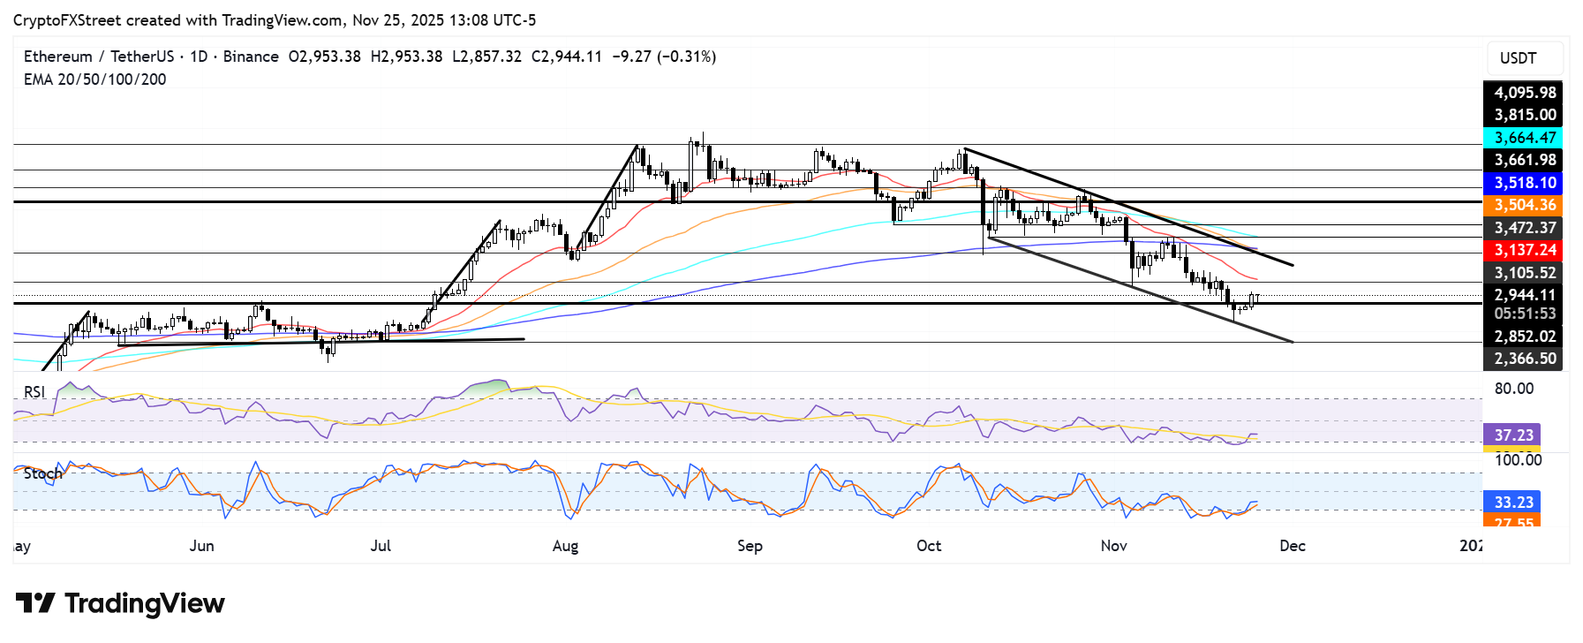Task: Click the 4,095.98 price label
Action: (1524, 92)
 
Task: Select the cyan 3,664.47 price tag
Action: (1524, 138)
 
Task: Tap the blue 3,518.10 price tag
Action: (1524, 183)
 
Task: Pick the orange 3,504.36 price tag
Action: (1524, 205)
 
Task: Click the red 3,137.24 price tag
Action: (1524, 250)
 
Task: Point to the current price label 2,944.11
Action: (1524, 295)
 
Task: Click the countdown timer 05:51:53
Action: (1524, 314)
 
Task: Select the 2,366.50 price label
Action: (1524, 359)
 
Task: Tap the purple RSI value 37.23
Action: (1513, 435)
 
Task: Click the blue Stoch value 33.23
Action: (1513, 502)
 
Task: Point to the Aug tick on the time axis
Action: (565, 546)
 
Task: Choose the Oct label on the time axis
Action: (929, 546)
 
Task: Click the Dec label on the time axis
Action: (1293, 546)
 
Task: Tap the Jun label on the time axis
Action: (201, 546)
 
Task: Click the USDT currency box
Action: (1518, 58)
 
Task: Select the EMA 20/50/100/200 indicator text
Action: (94, 79)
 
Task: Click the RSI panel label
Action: (34, 392)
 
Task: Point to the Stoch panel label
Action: (42, 474)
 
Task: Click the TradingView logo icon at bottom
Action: (35, 603)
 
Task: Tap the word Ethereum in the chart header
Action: (57, 57)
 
